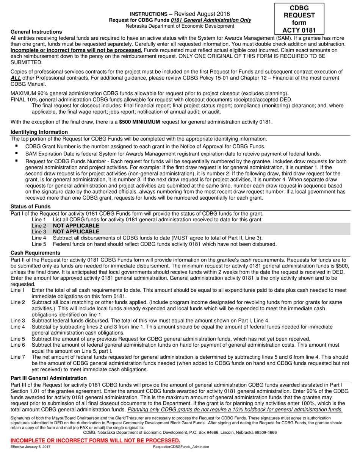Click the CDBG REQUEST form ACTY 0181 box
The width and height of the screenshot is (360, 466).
click(299, 19)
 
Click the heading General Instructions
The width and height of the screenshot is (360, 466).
click(36, 32)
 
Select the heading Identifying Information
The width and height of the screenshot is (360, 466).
click(39, 132)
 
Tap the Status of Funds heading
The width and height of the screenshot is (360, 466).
click(30, 206)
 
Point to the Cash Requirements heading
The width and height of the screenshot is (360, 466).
click(35, 253)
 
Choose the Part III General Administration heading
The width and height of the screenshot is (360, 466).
click(49, 378)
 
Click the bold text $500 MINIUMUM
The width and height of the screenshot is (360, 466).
click(139, 122)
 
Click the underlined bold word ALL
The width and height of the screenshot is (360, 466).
click(16, 78)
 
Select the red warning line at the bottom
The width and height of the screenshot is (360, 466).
click(95, 440)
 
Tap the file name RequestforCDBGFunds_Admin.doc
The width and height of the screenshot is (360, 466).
click(181, 447)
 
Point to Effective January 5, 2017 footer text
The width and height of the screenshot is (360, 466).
click(30, 447)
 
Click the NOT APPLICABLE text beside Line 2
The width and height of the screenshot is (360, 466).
click(76, 225)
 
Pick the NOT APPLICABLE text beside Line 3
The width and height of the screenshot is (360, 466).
click(76, 231)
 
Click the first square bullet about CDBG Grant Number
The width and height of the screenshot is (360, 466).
click(17, 145)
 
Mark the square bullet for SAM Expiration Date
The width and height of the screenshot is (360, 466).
click(17, 153)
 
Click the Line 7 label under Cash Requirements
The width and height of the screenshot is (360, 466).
click(18, 357)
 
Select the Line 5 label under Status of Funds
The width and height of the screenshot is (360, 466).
click(39, 244)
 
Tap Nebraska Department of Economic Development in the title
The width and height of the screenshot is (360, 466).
click(180, 26)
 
